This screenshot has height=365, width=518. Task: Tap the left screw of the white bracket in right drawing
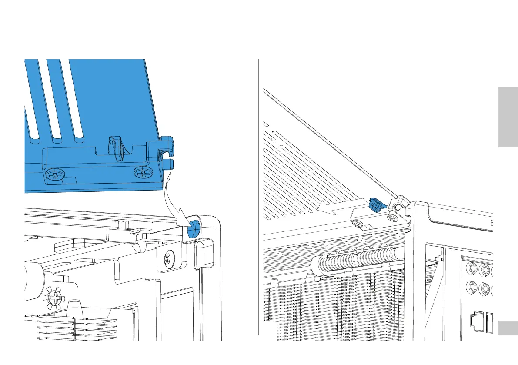click(x=358, y=223)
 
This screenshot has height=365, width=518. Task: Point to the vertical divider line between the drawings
click(x=259, y=196)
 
